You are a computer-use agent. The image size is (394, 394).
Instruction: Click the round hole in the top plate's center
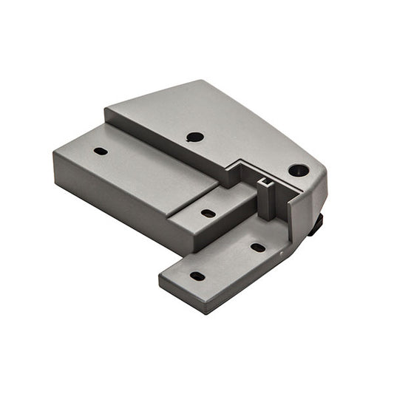pyautogui.click(x=195, y=137)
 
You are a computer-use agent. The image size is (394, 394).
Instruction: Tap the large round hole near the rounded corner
pyautogui.click(x=299, y=170)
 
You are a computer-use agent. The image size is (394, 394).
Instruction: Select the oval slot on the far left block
pyautogui.click(x=101, y=151)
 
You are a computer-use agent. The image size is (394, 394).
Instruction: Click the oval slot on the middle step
pyautogui.click(x=208, y=214)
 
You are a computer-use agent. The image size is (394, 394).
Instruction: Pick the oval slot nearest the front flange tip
pyautogui.click(x=197, y=276)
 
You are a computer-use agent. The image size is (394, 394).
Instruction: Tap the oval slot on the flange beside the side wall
pyautogui.click(x=258, y=248)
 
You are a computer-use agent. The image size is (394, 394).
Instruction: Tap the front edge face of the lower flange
pyautogui.click(x=185, y=292)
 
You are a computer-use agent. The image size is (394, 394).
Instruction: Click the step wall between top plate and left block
pyautogui.click(x=163, y=148)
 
